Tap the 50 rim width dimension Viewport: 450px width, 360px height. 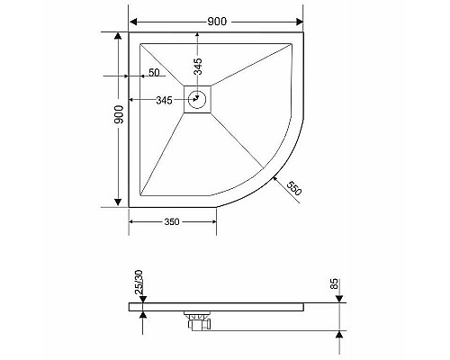click(154, 72)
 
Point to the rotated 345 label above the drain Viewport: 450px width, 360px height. click(197, 66)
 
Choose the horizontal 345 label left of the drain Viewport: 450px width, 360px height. click(164, 100)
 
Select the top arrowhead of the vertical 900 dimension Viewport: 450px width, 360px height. click(117, 36)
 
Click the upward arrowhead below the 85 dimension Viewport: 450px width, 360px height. click(339, 335)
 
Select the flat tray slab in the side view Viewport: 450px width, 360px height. click(234, 308)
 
